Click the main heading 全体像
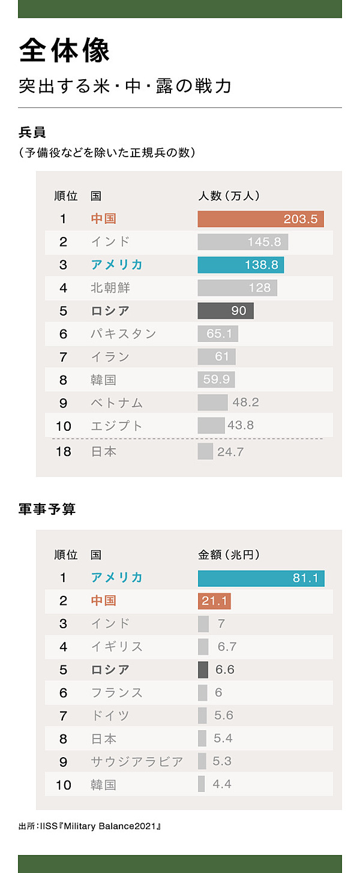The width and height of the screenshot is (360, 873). click(x=64, y=50)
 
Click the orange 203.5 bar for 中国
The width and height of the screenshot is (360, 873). click(x=260, y=219)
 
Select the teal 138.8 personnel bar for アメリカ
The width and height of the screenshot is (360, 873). click(x=241, y=265)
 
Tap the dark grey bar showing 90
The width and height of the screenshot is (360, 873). click(x=226, y=311)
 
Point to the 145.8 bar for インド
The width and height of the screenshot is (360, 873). click(x=243, y=242)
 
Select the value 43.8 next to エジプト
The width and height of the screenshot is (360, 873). click(x=241, y=425)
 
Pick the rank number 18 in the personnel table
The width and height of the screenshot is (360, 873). click(x=63, y=451)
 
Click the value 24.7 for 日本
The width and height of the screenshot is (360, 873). click(x=230, y=451)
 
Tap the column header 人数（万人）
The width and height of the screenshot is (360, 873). click(x=229, y=196)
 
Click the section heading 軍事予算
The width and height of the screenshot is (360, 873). click(x=47, y=509)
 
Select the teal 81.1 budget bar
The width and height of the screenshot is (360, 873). click(x=261, y=578)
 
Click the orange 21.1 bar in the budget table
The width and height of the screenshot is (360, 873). click(x=214, y=601)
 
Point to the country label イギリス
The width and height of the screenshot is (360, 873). click(x=116, y=647)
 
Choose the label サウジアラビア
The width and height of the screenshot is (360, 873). click(x=137, y=761)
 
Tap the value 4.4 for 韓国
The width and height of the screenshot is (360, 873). click(x=222, y=784)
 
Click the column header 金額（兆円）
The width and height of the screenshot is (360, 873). click(x=229, y=555)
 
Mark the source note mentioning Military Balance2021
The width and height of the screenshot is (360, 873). click(x=90, y=826)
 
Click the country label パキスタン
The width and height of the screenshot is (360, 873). click(x=123, y=334)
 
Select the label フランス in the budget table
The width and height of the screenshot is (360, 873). click(x=116, y=692)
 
